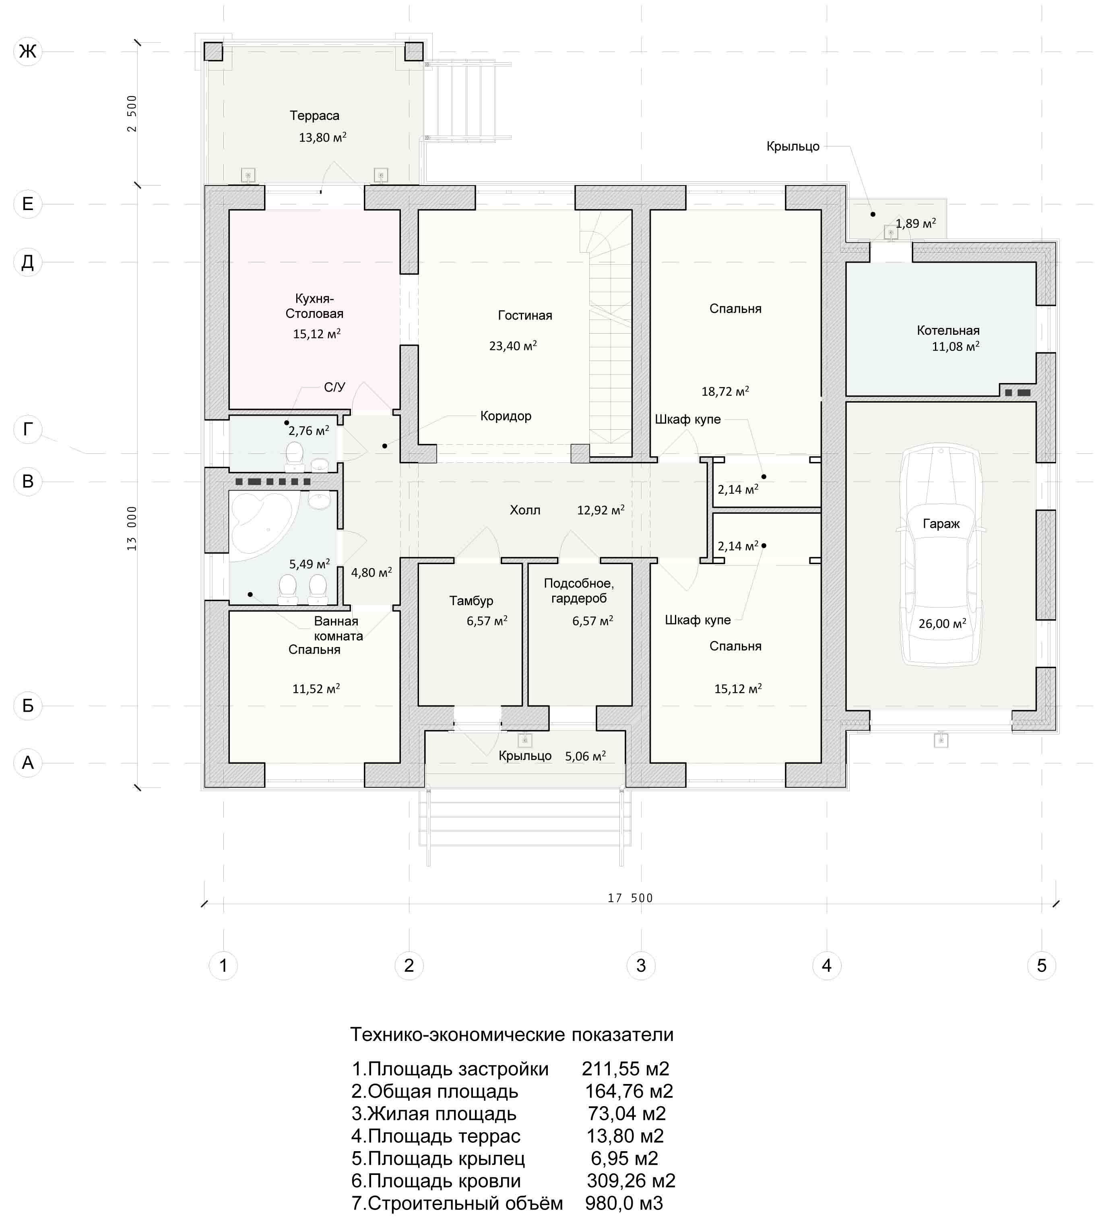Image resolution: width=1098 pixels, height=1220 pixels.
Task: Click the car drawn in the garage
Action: point(941,555)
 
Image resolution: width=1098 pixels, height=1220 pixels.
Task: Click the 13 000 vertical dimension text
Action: point(132,528)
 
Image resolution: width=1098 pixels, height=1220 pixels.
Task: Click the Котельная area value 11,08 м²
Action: point(956,346)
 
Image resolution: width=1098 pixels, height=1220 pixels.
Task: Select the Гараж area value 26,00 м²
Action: point(942,624)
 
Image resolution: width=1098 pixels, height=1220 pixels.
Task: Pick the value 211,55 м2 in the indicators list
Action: point(625,1069)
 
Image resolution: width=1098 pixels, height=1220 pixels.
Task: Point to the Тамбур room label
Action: point(471,601)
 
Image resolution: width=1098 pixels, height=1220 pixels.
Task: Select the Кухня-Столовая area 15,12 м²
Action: point(317,334)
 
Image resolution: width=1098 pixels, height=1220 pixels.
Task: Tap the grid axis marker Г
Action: point(28,429)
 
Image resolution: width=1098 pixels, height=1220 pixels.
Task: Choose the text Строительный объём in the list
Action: point(465,1203)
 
